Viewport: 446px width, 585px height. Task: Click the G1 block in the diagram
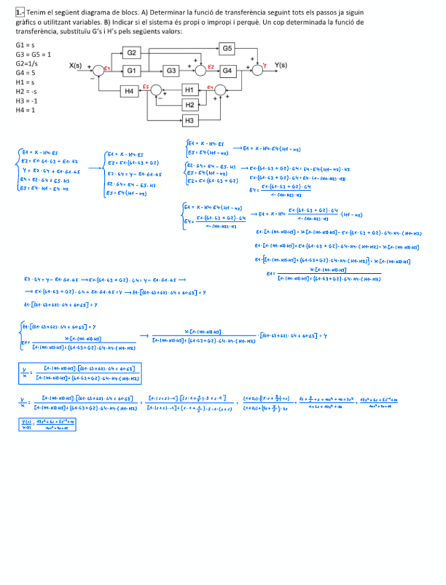(131, 70)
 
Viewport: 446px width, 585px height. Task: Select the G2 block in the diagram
(131, 53)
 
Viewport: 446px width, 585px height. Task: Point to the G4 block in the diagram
(226, 70)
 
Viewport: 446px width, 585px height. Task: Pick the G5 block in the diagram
(227, 48)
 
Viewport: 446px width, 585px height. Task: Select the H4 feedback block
(128, 90)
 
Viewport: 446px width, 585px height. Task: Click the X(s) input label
(75, 66)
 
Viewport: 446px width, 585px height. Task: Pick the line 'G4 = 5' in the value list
(25, 72)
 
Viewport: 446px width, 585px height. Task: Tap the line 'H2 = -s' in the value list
(26, 91)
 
